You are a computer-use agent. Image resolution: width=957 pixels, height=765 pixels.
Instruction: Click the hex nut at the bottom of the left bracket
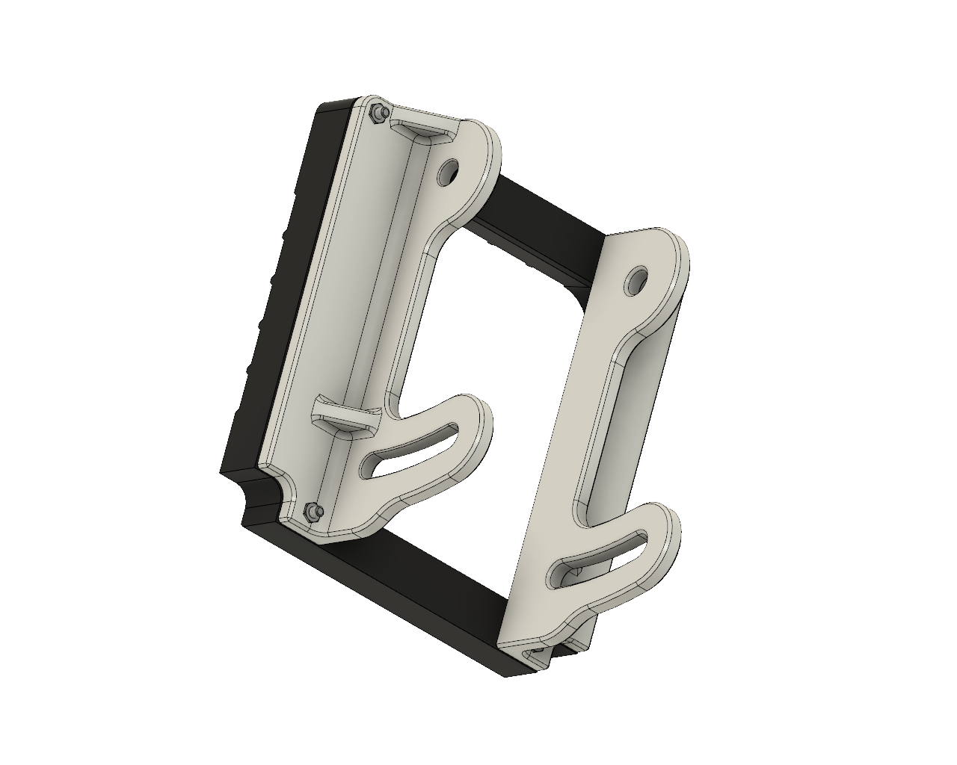coord(313,512)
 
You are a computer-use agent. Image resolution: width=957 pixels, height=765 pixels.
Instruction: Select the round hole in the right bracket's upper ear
coord(637,279)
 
